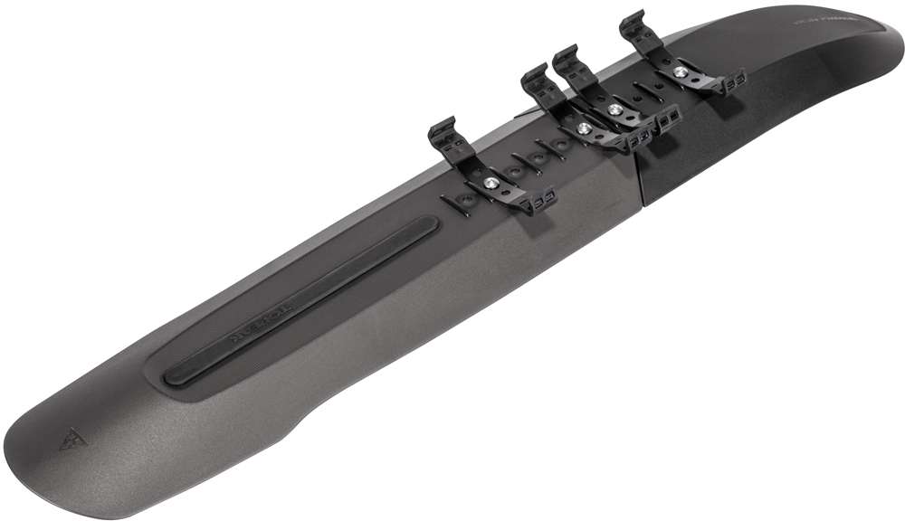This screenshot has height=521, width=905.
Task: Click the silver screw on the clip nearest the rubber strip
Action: (x=490, y=181)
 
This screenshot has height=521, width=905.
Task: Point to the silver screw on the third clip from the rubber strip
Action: (x=615, y=109)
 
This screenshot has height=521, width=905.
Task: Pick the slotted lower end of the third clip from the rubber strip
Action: (x=668, y=118)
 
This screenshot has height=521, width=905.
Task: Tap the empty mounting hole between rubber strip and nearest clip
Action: (x=464, y=198)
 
